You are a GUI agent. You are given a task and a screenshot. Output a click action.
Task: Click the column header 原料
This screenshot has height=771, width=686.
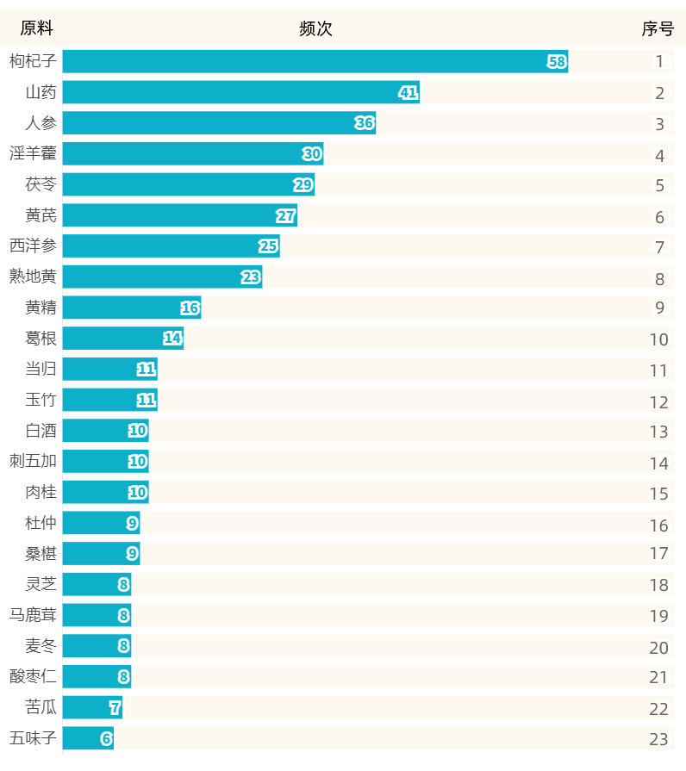(x=36, y=28)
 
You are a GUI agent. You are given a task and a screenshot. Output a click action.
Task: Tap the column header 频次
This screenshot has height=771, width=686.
(x=315, y=28)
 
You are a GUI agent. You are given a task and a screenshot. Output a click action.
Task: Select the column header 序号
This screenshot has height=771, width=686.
(x=658, y=28)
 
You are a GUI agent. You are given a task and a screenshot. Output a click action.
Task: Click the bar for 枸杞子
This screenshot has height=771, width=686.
(x=315, y=61)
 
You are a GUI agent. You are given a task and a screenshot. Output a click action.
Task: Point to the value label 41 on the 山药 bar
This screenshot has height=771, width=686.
(x=408, y=92)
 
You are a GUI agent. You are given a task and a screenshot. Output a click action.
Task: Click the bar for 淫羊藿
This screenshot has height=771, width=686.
(x=192, y=154)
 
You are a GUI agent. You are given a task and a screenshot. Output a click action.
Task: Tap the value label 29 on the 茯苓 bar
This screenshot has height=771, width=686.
(x=303, y=185)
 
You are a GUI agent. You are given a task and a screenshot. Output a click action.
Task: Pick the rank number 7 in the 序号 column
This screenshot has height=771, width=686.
(x=659, y=247)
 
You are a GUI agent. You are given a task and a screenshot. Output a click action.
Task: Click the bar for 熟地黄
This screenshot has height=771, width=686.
(x=162, y=277)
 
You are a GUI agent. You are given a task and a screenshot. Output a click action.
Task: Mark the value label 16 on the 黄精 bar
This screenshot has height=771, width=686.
(x=190, y=308)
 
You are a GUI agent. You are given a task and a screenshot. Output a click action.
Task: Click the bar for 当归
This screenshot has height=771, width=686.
(x=109, y=370)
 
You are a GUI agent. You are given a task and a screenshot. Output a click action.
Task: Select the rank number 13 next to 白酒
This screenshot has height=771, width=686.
(x=658, y=432)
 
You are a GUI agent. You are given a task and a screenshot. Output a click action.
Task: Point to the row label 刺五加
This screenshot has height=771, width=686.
(x=33, y=461)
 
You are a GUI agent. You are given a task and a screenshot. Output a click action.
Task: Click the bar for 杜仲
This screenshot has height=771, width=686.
(x=101, y=523)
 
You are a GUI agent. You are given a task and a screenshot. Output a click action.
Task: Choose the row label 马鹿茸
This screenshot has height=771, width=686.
(x=33, y=615)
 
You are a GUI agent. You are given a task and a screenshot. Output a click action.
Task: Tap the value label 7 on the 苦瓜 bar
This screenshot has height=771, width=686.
(x=115, y=708)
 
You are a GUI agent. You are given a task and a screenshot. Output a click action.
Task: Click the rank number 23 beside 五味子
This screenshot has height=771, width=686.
(x=658, y=739)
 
